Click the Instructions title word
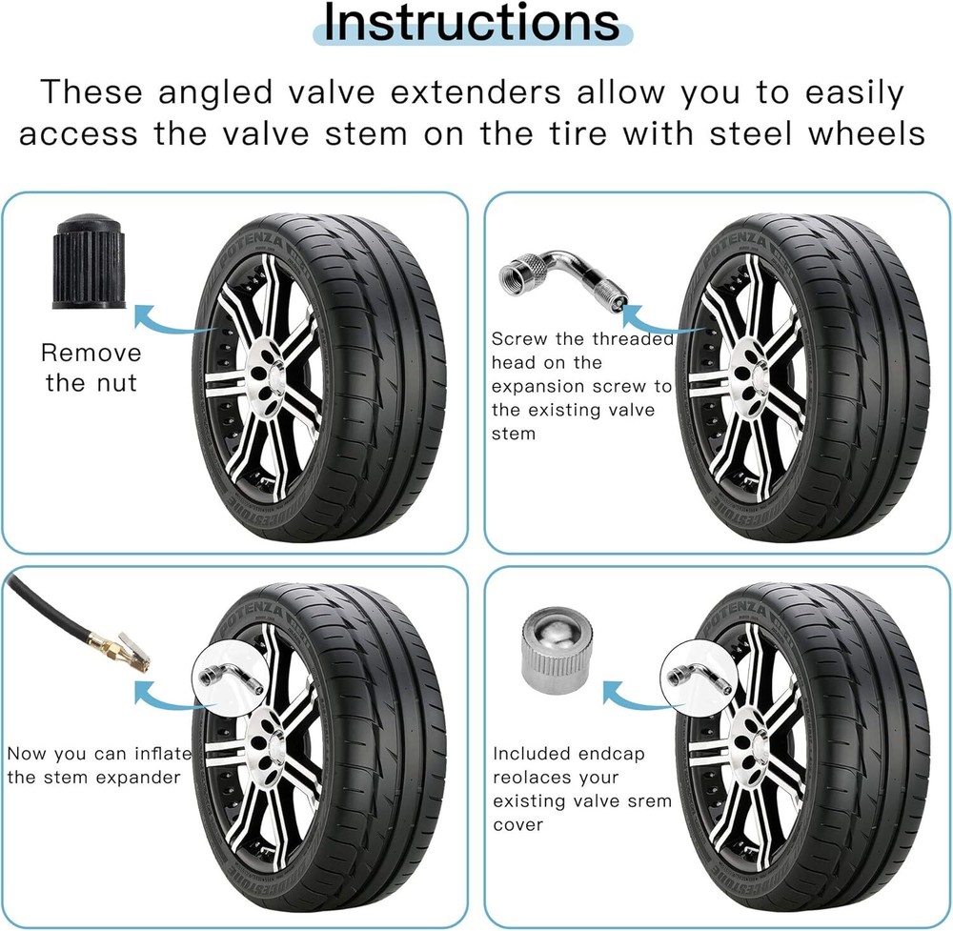click(472, 23)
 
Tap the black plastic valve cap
click(89, 261)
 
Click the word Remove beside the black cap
click(91, 353)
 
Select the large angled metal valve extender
click(563, 277)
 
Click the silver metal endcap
click(557, 651)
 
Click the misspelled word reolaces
click(556, 778)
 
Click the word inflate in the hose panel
click(163, 754)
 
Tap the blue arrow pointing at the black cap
click(172, 323)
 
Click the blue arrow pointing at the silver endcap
click(635, 698)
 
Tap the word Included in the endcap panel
click(529, 754)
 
